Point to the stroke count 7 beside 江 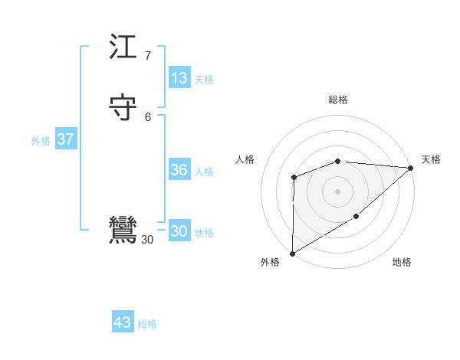[x=147, y=56]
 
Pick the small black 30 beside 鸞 [x=147, y=240]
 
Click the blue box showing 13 [x=179, y=77]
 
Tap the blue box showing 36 [x=179, y=170]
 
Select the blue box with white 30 [x=179, y=231]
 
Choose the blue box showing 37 [x=65, y=139]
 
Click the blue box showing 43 [x=123, y=322]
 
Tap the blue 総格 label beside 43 [x=147, y=324]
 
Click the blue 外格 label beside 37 [x=41, y=141]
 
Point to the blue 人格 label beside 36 [x=204, y=172]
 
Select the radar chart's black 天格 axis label [x=431, y=159]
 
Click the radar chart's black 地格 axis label [x=402, y=262]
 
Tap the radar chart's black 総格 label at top [x=338, y=100]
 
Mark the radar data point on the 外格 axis [x=292, y=253]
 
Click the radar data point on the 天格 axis [x=411, y=168]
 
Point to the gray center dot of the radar [x=338, y=191]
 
